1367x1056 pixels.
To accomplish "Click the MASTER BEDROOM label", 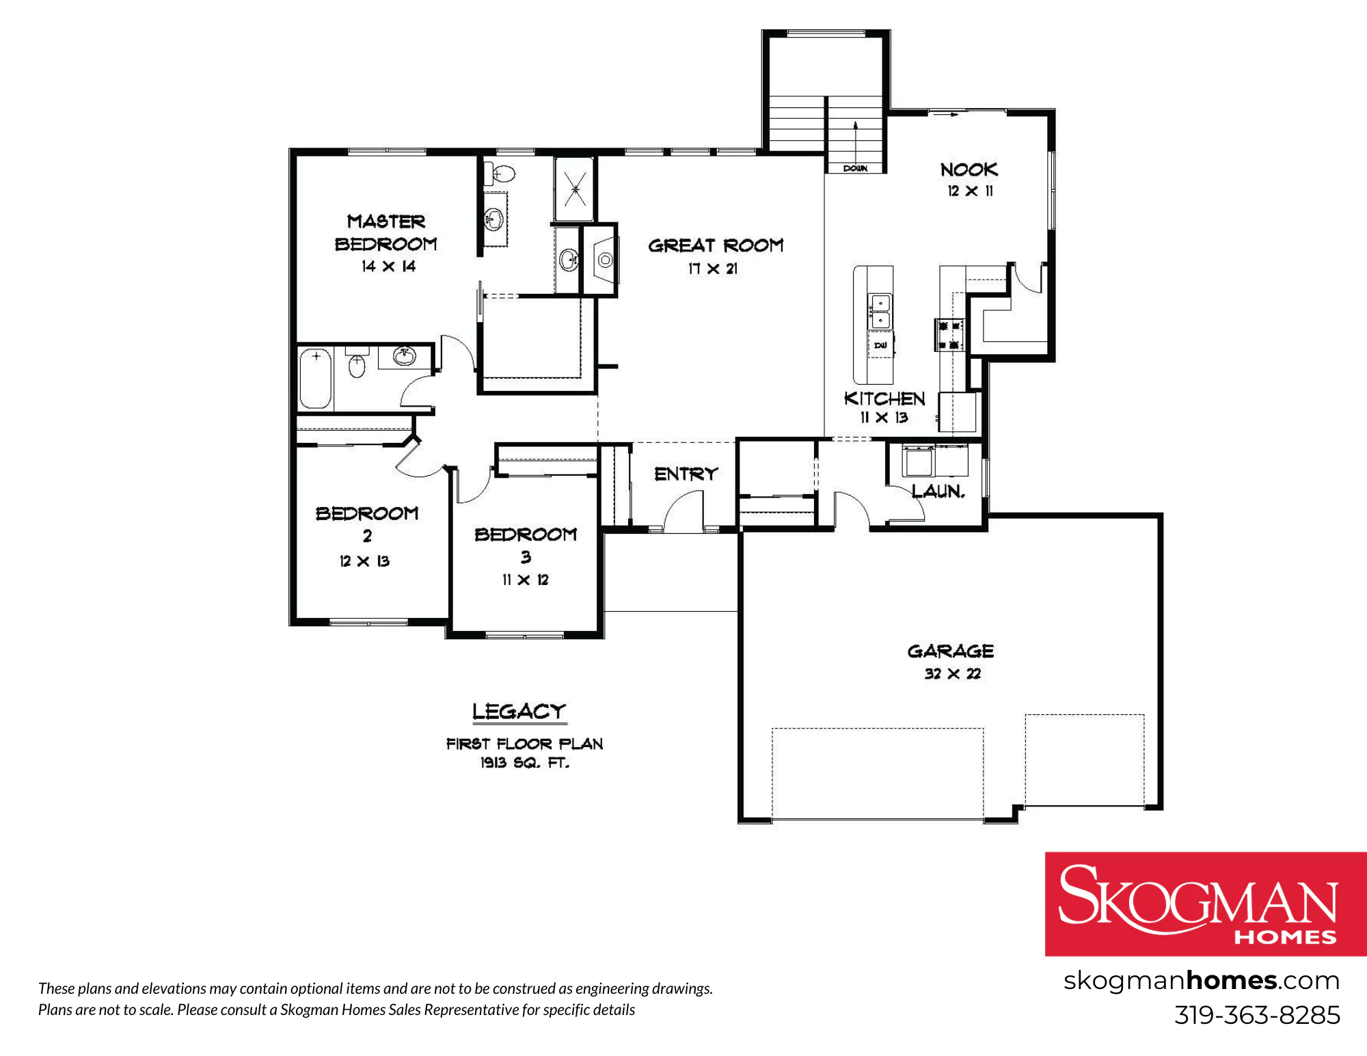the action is (386, 232).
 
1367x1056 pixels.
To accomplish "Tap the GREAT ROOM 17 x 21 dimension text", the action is (713, 269).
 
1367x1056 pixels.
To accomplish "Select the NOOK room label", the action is (969, 170).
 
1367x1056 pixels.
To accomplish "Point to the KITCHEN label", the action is (884, 398).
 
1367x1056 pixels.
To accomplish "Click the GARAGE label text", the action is (951, 651).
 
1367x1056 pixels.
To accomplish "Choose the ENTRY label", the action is (686, 474).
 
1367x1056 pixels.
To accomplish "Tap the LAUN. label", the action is (938, 491).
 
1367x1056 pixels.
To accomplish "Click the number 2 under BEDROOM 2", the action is (367, 536).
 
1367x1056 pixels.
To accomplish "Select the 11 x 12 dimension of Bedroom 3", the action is (525, 580).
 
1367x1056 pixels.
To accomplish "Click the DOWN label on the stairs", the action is (855, 168).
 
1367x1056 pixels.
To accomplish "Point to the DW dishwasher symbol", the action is (880, 345).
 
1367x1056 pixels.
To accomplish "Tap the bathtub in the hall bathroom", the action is (315, 378).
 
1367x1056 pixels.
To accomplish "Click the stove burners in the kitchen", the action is (949, 335).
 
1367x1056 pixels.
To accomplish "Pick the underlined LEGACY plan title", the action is (519, 712).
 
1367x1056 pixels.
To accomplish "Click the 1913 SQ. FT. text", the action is (524, 763).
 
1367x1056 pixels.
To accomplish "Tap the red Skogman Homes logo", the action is (1206, 904).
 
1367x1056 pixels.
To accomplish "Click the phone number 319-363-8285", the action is (1257, 1015).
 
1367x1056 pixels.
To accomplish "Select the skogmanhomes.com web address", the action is (1202, 981).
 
